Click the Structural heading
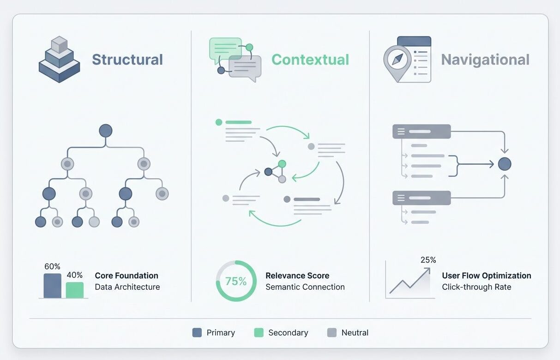pos(127,60)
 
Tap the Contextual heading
pos(310,60)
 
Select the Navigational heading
pos(485,60)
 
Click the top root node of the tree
pos(106,131)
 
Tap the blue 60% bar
pos(52,286)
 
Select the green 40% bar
pos(75,290)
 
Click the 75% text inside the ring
pos(236,281)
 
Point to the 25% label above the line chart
pos(428,260)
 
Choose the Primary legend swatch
pos(197,332)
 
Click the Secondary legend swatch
pos(259,332)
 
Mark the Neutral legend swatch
pos(332,332)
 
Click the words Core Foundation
pos(126,276)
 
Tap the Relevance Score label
pos(297,276)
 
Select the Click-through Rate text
pos(476,287)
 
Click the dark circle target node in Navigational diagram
pos(505,164)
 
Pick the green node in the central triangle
pos(282,164)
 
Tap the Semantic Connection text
pos(305,287)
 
